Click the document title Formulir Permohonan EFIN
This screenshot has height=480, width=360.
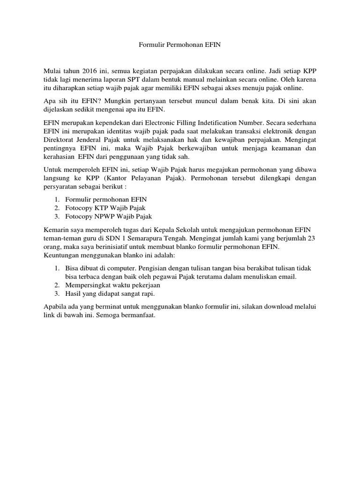point(180,45)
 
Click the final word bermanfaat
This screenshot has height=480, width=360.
point(137,315)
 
